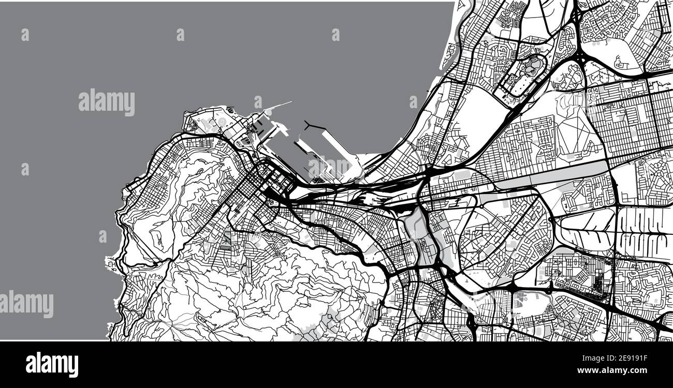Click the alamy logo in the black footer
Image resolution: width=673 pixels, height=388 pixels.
52,365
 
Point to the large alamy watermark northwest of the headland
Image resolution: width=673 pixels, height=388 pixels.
107,102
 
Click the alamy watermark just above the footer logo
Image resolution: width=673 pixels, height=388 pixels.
27,304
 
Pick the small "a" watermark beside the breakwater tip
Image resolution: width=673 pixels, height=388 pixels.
258,102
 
